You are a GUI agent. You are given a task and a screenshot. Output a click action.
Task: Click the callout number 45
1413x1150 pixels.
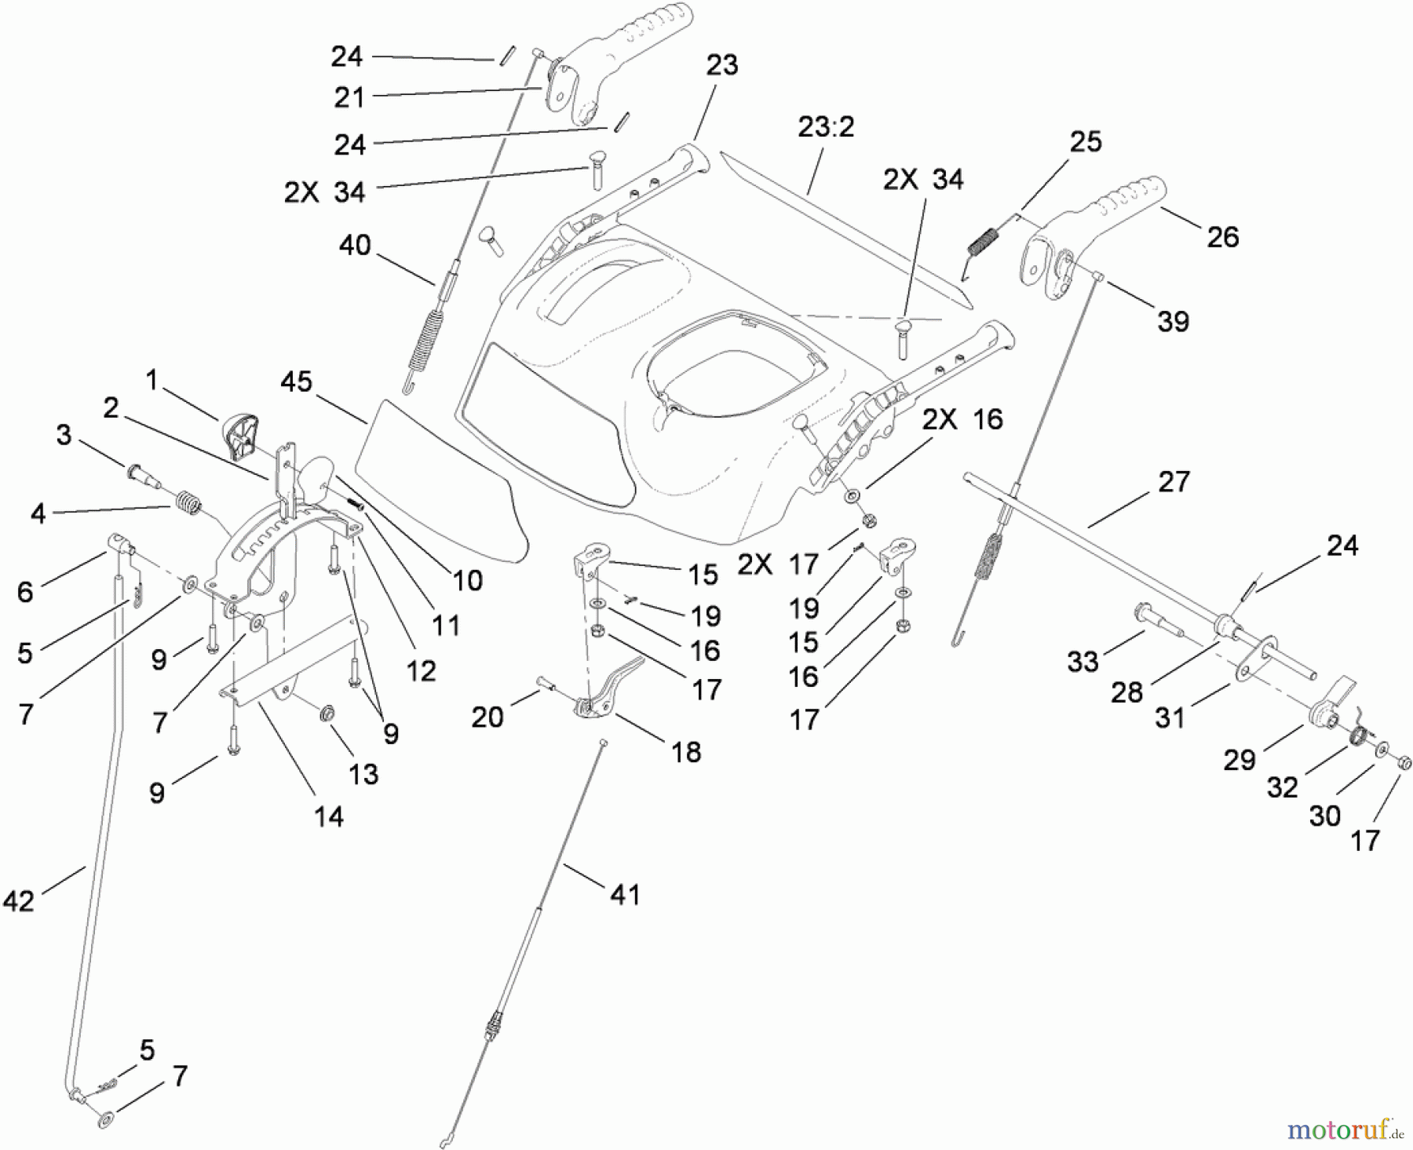click(296, 382)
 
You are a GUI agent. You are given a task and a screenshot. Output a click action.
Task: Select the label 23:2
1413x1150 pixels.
click(826, 126)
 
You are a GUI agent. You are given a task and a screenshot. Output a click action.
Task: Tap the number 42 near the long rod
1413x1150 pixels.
click(19, 900)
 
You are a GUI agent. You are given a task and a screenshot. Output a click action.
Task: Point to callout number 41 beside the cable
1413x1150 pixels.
click(625, 894)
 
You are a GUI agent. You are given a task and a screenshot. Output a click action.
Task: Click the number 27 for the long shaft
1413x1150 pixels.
click(1174, 481)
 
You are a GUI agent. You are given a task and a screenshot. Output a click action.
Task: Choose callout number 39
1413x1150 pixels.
click(1173, 320)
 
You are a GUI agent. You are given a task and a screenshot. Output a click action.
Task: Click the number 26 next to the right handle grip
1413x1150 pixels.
click(1222, 236)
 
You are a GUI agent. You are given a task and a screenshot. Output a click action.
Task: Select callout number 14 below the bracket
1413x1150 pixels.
click(328, 816)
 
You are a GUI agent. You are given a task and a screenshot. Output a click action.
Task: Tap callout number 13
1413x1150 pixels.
click(363, 774)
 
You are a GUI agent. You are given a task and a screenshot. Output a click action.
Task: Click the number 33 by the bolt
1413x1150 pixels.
click(1083, 661)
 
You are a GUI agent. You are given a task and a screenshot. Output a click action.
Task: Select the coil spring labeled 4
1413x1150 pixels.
click(187, 501)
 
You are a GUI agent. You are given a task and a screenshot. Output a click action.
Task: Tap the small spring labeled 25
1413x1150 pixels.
click(984, 239)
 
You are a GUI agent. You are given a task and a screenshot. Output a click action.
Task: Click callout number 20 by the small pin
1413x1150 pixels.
click(487, 716)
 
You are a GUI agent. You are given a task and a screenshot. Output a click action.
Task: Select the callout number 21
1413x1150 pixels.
click(349, 97)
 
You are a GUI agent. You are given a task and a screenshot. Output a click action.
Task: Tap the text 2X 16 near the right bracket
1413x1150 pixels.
click(962, 419)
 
